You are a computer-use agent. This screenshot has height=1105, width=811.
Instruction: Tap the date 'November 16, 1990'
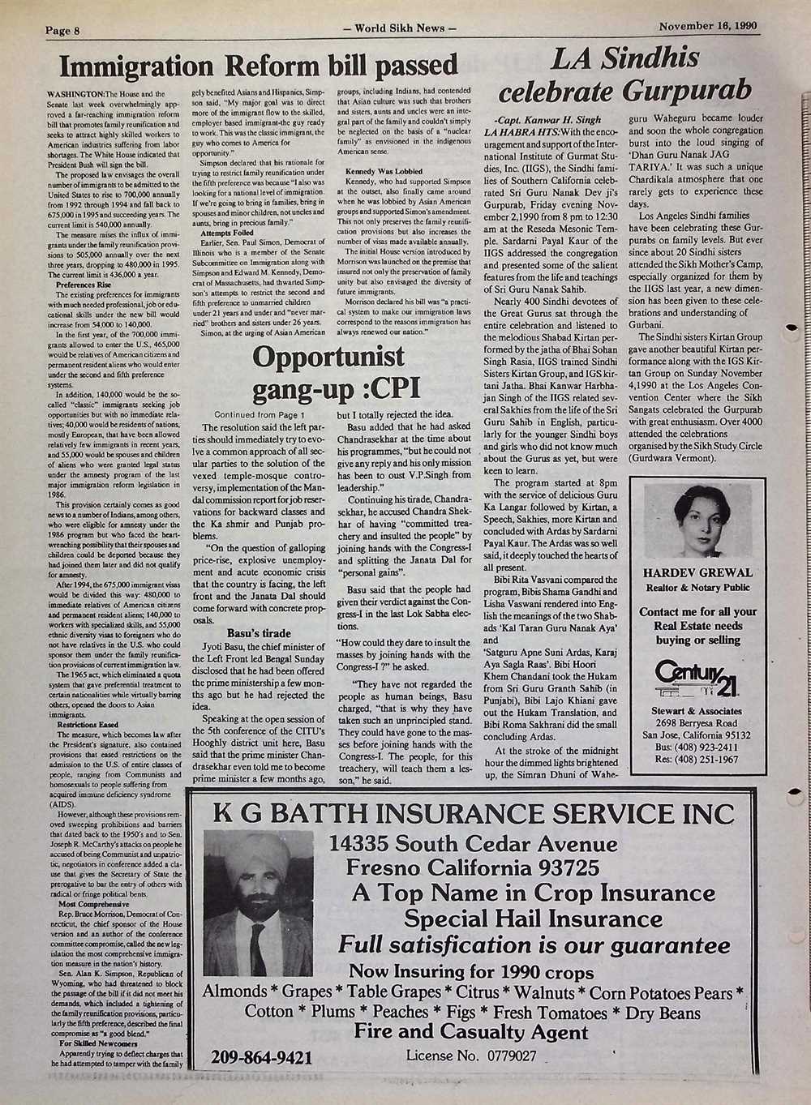coord(708,25)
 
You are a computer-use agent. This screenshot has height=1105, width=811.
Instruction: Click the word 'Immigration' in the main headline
coord(137,65)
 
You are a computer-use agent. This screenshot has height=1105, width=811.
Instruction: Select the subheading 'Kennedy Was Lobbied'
coord(380,172)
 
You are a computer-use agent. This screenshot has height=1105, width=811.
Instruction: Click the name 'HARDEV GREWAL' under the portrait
coord(697,572)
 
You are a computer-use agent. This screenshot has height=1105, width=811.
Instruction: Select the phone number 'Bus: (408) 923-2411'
coord(697,747)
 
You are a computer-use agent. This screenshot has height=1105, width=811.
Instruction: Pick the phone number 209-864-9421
coord(261,1057)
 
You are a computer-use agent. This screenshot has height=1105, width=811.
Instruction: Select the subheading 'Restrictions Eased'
coord(88,724)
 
